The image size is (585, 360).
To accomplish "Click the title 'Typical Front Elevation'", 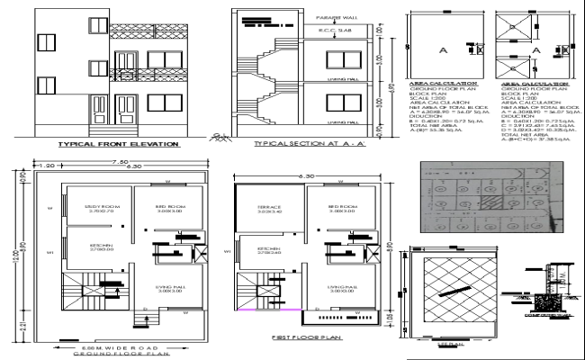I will pos(117,143).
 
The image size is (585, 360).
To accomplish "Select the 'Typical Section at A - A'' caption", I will pos(301,143).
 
